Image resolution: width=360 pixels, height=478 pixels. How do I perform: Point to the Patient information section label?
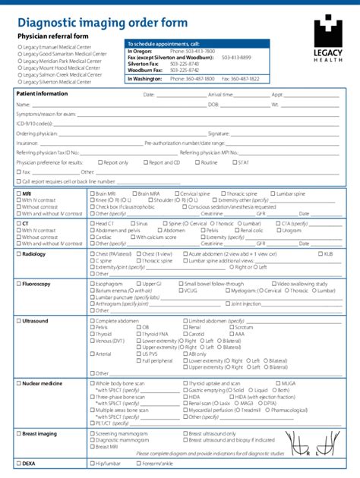(x=42, y=93)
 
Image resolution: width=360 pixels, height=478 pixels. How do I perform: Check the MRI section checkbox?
(x=18, y=193)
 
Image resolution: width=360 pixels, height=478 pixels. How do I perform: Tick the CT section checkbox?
(x=18, y=224)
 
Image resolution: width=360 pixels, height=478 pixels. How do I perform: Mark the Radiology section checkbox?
(x=18, y=254)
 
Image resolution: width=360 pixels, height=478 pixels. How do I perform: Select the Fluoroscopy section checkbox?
(x=18, y=283)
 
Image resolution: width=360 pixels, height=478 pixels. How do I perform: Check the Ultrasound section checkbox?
(x=18, y=321)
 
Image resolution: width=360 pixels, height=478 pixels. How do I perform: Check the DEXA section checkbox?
(x=18, y=462)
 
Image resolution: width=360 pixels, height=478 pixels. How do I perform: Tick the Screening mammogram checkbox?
(x=91, y=433)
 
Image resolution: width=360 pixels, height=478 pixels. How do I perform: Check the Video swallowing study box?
(x=274, y=283)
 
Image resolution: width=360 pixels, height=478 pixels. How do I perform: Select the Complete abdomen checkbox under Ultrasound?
(x=91, y=321)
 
